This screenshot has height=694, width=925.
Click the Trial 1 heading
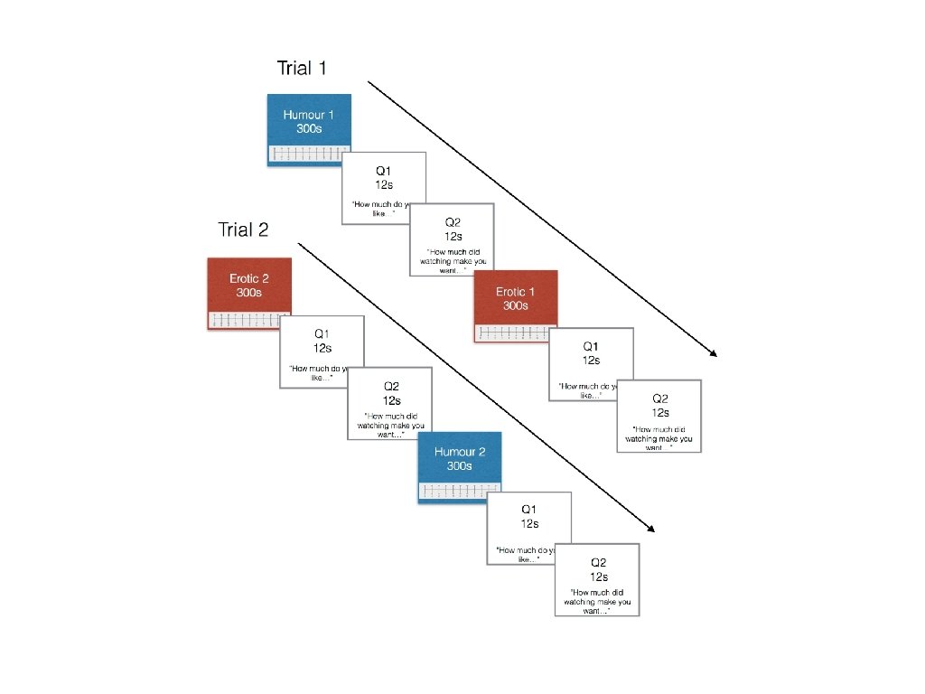[301, 68]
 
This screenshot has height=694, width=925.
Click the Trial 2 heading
[243, 230]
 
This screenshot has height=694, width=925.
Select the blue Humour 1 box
[309, 122]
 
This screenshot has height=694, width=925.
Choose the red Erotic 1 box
[515, 298]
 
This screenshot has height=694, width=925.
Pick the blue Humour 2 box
[459, 459]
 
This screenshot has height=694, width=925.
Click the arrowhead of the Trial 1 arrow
[713, 352]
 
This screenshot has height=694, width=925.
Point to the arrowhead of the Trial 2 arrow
[649, 529]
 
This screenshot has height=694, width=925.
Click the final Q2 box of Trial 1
[659, 416]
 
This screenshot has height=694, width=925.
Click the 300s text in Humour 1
[309, 129]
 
